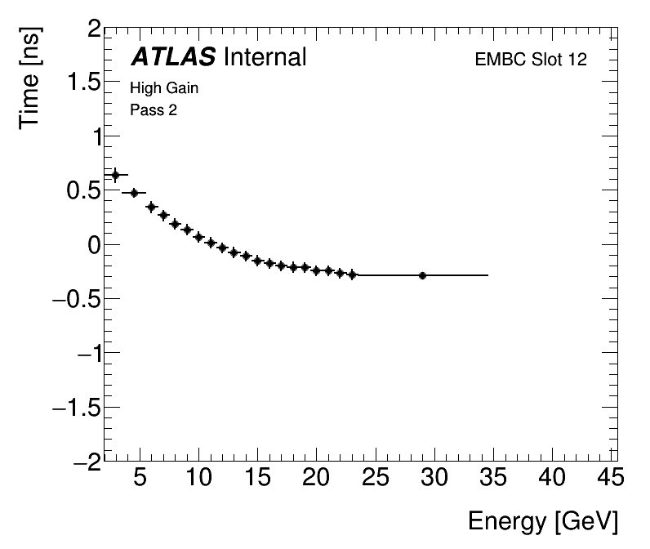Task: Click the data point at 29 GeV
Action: [422, 275]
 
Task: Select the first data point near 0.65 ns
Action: [115, 175]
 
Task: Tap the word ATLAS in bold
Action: [173, 57]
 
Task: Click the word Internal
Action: [264, 57]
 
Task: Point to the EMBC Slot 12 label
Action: [531, 60]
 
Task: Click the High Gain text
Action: [164, 88]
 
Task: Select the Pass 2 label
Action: [154, 110]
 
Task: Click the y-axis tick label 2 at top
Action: [94, 30]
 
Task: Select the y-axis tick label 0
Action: [94, 245]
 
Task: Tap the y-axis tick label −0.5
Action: [76, 299]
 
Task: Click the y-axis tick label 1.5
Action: [82, 83]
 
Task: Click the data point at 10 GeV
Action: [198, 237]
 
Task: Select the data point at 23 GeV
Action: [352, 274]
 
